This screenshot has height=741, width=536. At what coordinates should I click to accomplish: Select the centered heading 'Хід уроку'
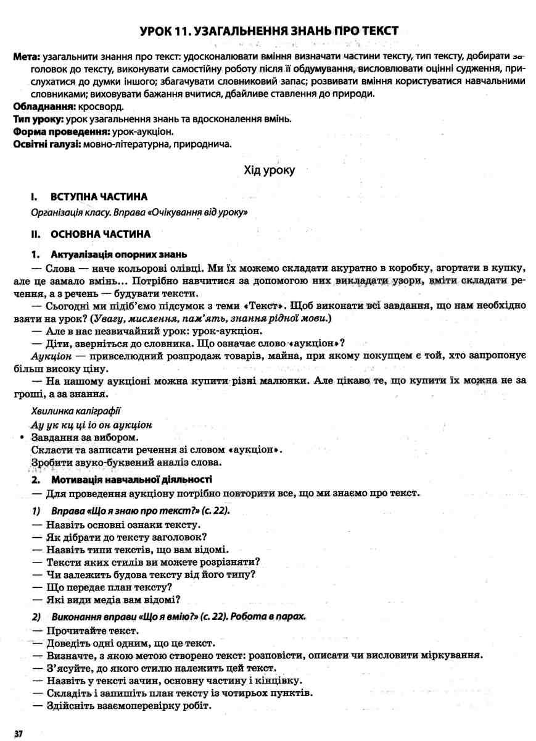(270, 170)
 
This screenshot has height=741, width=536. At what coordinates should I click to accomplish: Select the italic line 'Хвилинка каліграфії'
(76, 410)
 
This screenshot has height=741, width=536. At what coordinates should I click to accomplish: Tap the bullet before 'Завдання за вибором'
(22, 438)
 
